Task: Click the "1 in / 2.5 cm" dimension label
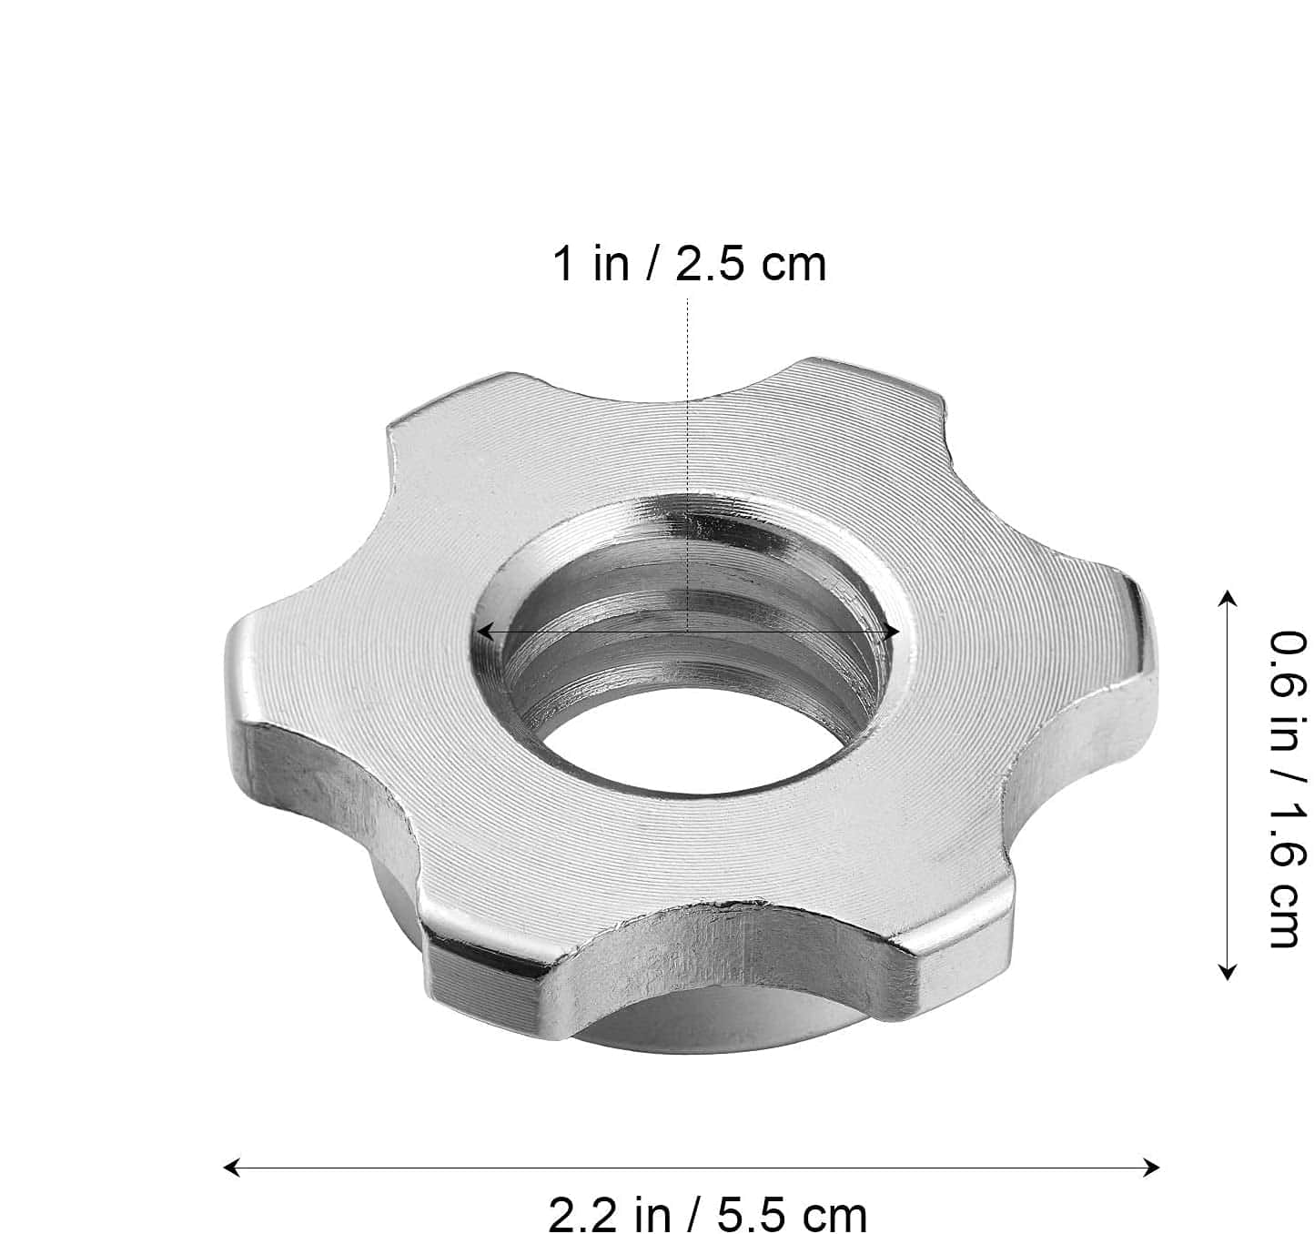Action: coord(690,264)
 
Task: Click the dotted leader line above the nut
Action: coord(688,464)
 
